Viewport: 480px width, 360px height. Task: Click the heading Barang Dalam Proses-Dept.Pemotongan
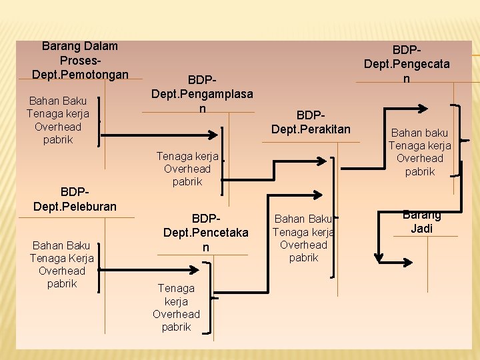[79, 59]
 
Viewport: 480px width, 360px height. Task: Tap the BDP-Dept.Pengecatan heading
[406, 64]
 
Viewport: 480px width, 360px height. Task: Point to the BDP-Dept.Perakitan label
[311, 122]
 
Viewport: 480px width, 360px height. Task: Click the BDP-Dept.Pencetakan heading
[206, 233]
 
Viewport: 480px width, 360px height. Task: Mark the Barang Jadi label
[421, 221]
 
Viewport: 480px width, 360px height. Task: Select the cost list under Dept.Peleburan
[62, 265]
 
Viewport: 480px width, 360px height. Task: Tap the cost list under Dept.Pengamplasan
[187, 169]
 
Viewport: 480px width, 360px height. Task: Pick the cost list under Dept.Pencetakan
[176, 307]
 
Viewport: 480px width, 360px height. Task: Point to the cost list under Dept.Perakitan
[304, 238]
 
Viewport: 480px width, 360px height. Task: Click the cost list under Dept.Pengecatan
[420, 153]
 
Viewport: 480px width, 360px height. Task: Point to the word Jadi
[421, 228]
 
